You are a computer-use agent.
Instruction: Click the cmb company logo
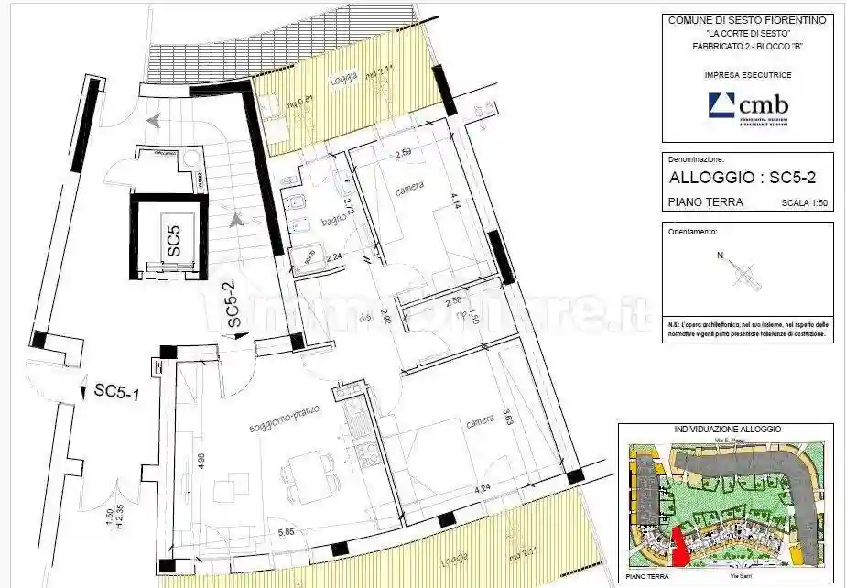748,107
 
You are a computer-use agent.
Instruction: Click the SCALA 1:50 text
804,203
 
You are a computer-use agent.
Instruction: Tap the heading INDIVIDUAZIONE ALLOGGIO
727,429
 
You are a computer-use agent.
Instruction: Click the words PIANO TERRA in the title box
706,202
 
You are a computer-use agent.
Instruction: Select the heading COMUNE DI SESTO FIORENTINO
747,20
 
